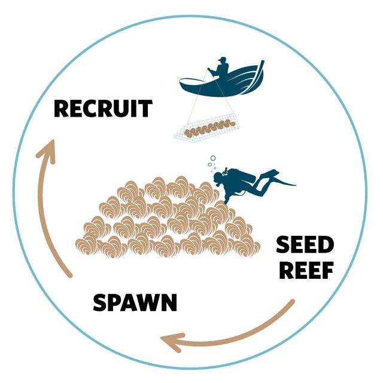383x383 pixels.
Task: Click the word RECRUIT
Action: click(x=102, y=110)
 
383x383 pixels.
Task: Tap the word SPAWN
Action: click(x=135, y=303)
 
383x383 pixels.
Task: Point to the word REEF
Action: click(x=305, y=270)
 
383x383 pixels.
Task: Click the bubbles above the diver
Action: click(x=212, y=160)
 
